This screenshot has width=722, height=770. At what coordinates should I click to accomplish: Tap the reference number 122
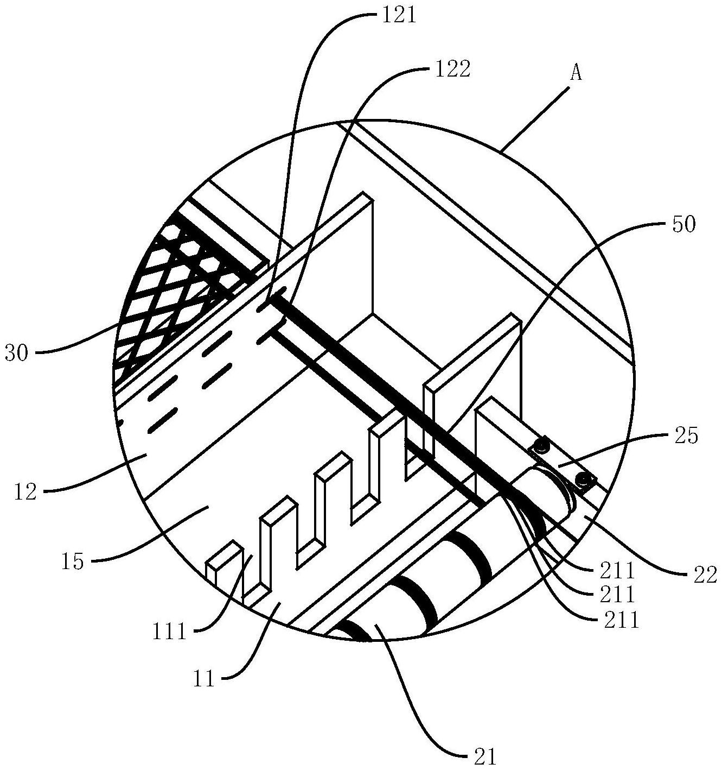tap(450, 70)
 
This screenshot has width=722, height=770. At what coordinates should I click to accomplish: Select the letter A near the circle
tap(576, 73)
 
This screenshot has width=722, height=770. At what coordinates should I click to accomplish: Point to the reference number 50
tap(683, 225)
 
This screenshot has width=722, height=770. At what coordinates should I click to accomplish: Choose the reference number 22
tap(705, 573)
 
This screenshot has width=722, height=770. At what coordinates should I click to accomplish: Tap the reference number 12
tap(26, 493)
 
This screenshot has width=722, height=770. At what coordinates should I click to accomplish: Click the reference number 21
tap(484, 755)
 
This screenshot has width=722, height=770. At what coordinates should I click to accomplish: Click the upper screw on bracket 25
tap(540, 446)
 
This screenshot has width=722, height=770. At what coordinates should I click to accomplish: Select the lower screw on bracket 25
tap(584, 479)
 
